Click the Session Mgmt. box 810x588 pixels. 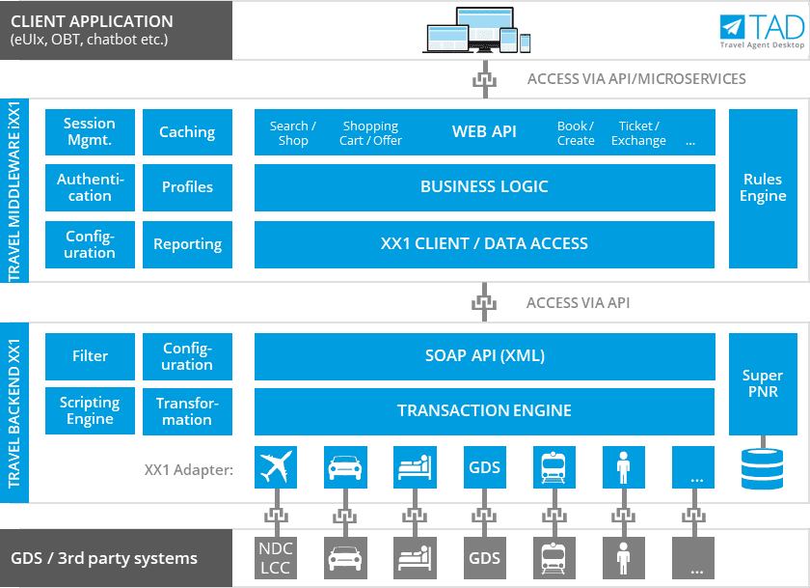click(90, 132)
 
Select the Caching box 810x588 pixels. click(187, 132)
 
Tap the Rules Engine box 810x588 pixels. click(763, 188)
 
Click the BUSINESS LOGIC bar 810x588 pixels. click(484, 187)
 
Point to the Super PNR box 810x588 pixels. click(763, 383)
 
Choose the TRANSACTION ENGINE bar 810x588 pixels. click(484, 411)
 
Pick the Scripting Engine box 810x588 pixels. click(90, 410)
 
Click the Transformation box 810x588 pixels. click(187, 411)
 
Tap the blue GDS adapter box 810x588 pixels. click(484, 467)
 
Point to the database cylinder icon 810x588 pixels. click(763, 467)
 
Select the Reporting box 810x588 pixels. click(187, 244)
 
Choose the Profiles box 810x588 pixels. click(187, 187)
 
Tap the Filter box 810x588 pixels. click(90, 356)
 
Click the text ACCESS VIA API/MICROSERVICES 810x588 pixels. click(636, 79)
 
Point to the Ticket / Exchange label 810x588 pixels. click(638, 133)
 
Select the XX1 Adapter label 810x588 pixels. click(189, 470)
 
